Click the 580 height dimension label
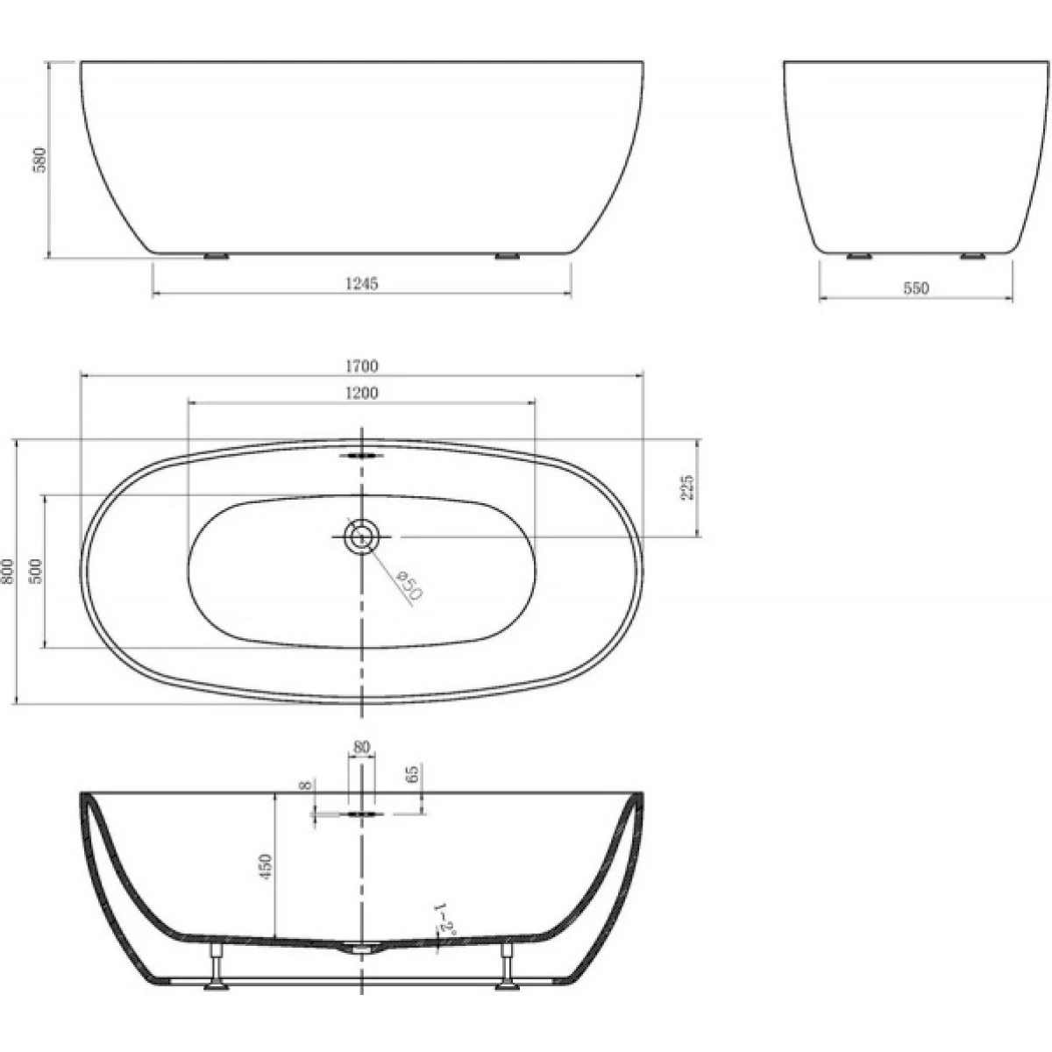[41, 160]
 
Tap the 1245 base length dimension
[362, 283]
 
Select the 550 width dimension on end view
[916, 288]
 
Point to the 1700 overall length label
[362, 366]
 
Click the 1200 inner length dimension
[362, 393]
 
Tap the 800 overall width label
[8, 571]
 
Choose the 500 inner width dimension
[35, 571]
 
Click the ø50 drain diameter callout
[409, 586]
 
